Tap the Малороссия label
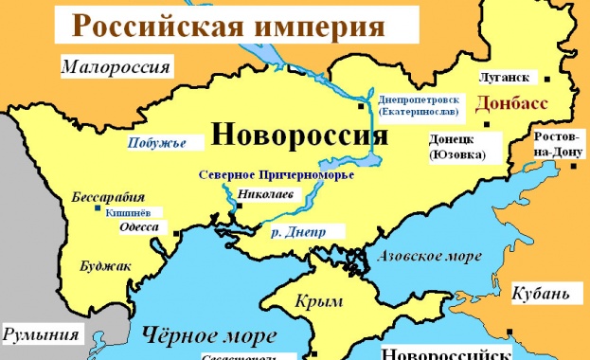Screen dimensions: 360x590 click(x=116, y=66)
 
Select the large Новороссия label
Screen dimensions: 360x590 click(x=299, y=135)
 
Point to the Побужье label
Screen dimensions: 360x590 click(x=156, y=144)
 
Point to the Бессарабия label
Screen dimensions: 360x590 click(x=108, y=198)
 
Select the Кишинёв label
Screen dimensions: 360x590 click(x=126, y=213)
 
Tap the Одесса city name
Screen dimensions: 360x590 click(x=138, y=227)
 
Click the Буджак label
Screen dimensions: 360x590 click(x=106, y=268)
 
